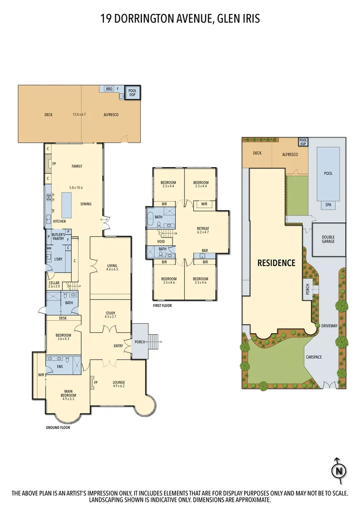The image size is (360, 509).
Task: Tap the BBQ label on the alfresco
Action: pyautogui.click(x=109, y=89)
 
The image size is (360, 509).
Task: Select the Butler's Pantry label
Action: pyautogui.click(x=58, y=236)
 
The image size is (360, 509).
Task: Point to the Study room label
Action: pyautogui.click(x=111, y=315)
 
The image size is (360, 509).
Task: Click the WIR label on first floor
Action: pyautogui.click(x=204, y=204)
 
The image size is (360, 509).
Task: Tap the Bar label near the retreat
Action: pyautogui.click(x=205, y=251)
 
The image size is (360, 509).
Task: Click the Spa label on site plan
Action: pyautogui.click(x=329, y=205)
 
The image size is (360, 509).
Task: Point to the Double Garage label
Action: pyautogui.click(x=329, y=239)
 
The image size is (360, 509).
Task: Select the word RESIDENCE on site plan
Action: pyautogui.click(x=276, y=263)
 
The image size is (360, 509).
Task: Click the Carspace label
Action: pyautogui.click(x=313, y=357)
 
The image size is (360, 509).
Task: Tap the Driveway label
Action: pyautogui.click(x=330, y=326)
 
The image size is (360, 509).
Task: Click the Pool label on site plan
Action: pyautogui.click(x=329, y=174)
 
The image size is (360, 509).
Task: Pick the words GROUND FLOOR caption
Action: pyautogui.click(x=58, y=427)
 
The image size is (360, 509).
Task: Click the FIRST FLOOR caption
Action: pyautogui.click(x=162, y=305)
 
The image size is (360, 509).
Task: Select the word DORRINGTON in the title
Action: pyautogui.click(x=142, y=19)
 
